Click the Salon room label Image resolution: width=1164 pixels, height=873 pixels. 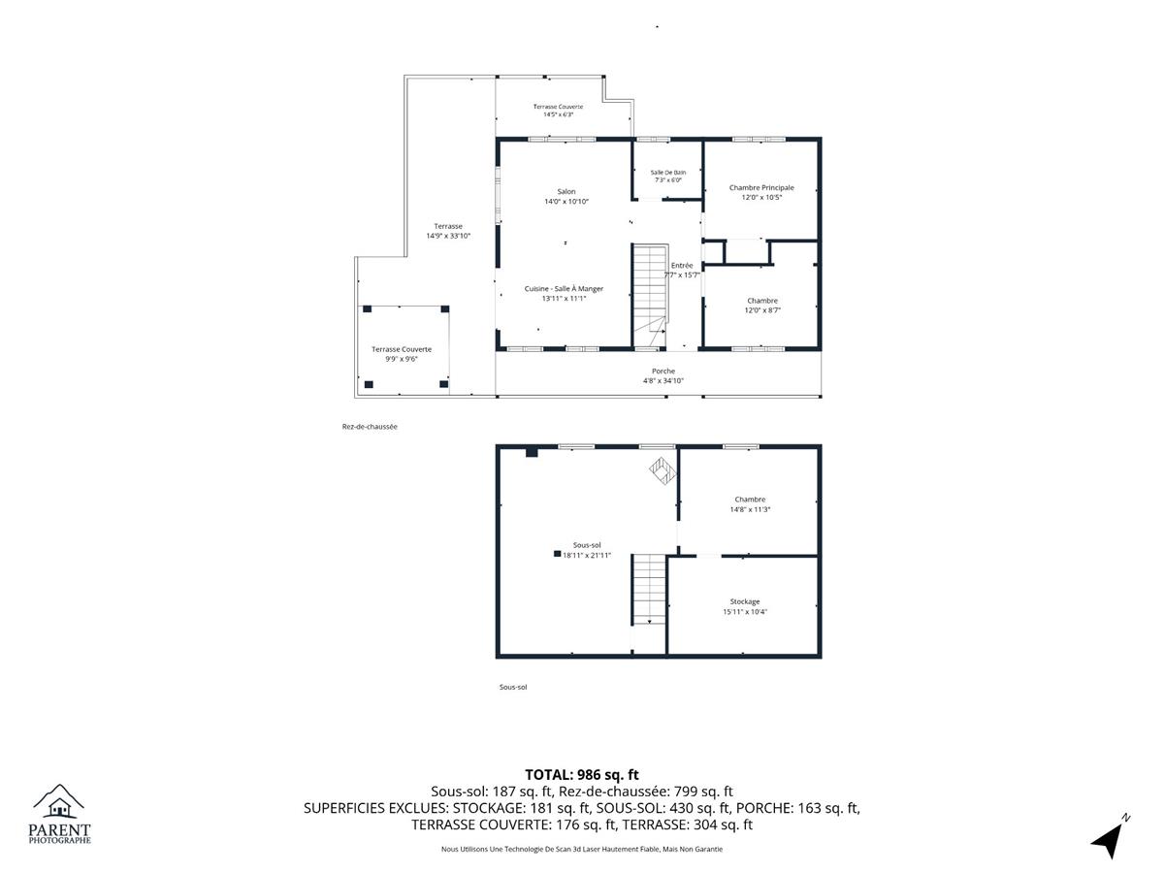(x=566, y=191)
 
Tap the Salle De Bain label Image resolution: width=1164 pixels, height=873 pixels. (x=667, y=173)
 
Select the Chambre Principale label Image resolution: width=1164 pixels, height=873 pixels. (x=761, y=187)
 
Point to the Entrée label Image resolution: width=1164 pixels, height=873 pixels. (x=682, y=266)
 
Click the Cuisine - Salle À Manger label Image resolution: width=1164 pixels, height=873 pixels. (x=564, y=289)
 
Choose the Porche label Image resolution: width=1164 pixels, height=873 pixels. (x=663, y=372)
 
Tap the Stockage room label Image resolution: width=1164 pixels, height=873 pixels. (x=745, y=601)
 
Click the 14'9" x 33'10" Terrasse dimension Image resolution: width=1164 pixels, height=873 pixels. (x=448, y=236)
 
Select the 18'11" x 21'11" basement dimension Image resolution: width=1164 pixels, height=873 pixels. (x=587, y=556)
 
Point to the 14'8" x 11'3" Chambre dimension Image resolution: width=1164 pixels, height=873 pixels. (x=750, y=509)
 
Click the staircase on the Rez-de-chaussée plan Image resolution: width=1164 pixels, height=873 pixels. (x=650, y=296)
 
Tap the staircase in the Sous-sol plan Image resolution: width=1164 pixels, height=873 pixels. (x=649, y=590)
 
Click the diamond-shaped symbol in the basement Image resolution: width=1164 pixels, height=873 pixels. (x=663, y=470)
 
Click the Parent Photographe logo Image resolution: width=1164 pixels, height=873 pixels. (x=59, y=814)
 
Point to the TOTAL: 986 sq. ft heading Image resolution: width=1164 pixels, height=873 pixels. (x=582, y=775)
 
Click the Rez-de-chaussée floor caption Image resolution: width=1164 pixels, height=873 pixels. (x=370, y=427)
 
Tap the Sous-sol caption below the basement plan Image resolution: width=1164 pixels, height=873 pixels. (x=513, y=687)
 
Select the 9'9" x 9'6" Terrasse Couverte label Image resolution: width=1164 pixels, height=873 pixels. (x=402, y=354)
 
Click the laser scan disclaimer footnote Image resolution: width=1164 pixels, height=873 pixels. (x=582, y=849)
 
